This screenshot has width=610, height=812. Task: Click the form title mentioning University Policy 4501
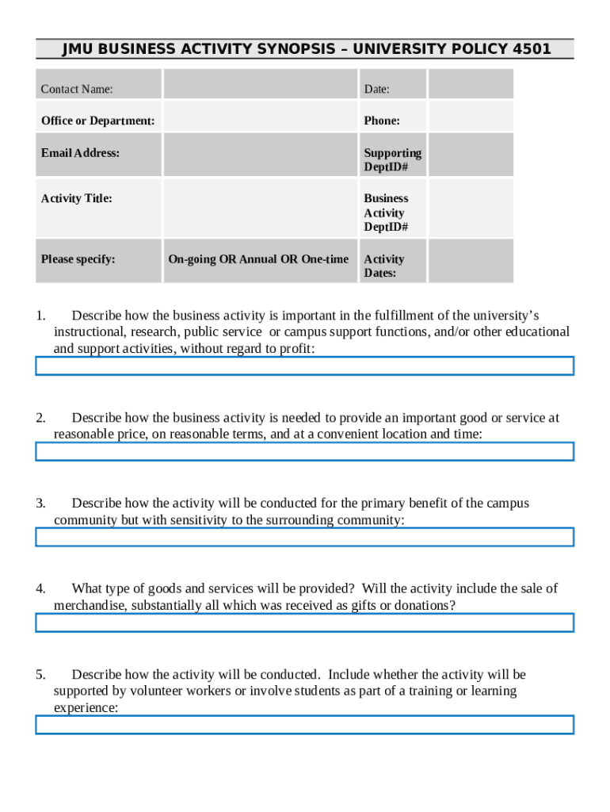tap(306, 49)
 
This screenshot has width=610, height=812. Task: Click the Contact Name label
tap(77, 89)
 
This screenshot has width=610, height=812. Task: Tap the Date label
tap(376, 89)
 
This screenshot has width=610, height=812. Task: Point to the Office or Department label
tap(97, 121)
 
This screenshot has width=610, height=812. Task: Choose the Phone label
tap(382, 121)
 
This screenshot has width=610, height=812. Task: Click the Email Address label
tap(80, 152)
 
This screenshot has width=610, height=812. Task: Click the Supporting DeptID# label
tap(392, 159)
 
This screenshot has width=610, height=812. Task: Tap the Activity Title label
tap(76, 198)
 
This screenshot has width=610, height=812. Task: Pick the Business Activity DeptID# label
tap(386, 213)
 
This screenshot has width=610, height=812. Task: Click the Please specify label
tap(78, 259)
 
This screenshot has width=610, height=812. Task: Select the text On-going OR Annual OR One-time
tap(258, 259)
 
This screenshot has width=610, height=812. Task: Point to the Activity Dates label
tap(383, 266)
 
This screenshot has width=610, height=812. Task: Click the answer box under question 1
tap(304, 366)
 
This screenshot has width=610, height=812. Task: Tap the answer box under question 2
tap(304, 451)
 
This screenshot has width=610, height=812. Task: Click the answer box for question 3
tap(304, 537)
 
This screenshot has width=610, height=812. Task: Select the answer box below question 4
tap(304, 622)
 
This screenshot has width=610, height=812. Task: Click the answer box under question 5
tap(304, 725)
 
